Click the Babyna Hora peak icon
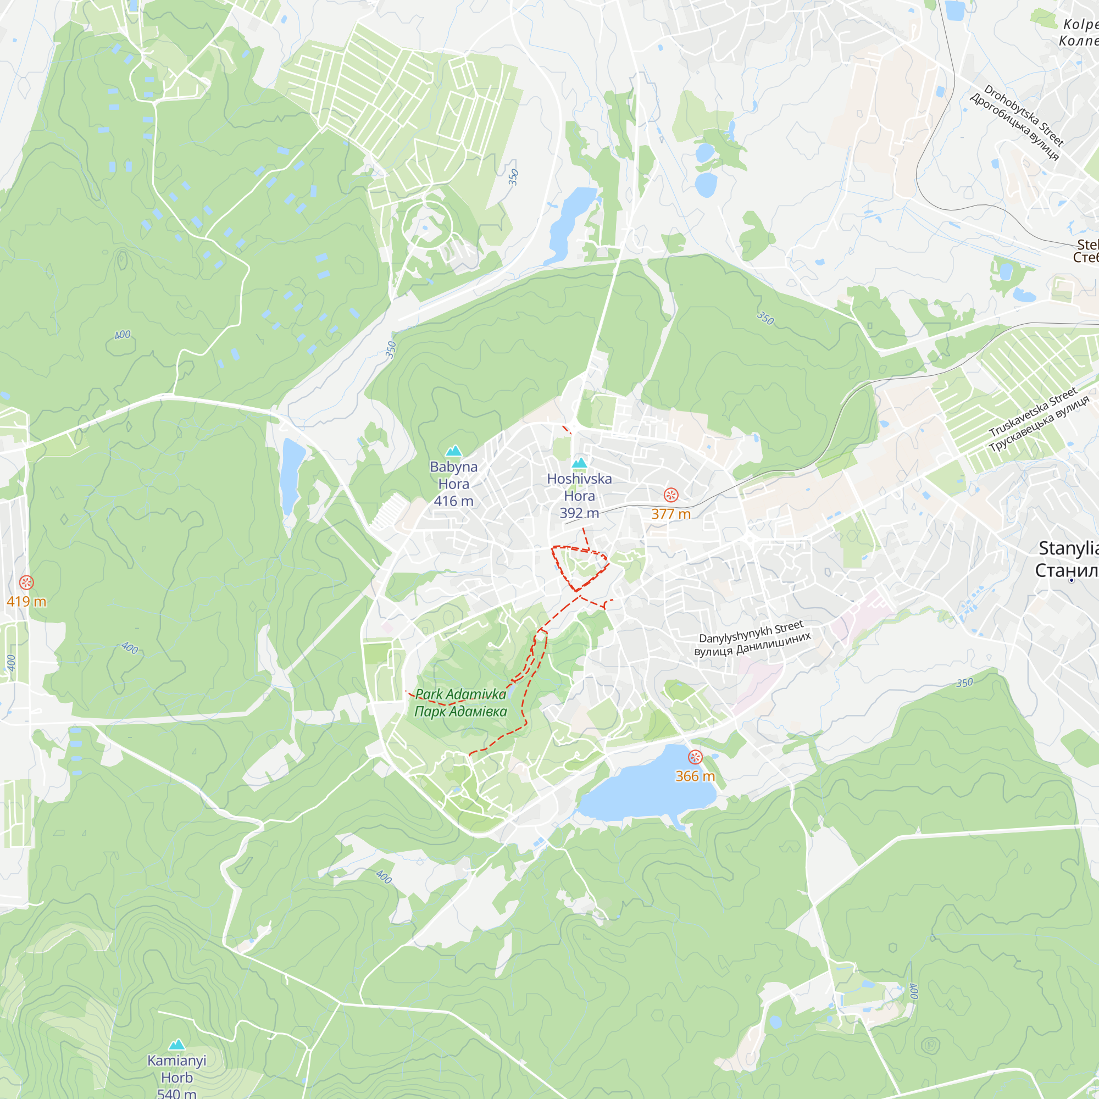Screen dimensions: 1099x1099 (x=453, y=451)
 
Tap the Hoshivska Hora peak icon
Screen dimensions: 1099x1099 (x=579, y=463)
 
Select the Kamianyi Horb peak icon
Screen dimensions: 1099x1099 (x=177, y=1045)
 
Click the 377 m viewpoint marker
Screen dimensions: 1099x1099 (x=671, y=495)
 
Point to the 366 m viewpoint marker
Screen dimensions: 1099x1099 (x=695, y=757)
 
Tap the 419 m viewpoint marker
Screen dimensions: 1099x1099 (x=26, y=582)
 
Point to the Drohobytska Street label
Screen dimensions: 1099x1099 (x=1023, y=115)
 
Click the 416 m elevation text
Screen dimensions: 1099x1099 (x=453, y=501)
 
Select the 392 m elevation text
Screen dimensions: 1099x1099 (x=579, y=513)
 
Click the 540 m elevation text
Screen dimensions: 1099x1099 (x=177, y=1093)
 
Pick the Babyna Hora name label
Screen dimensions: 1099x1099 (x=453, y=475)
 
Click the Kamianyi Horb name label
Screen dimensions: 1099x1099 (x=177, y=1069)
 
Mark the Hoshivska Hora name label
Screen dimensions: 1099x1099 (x=579, y=487)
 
